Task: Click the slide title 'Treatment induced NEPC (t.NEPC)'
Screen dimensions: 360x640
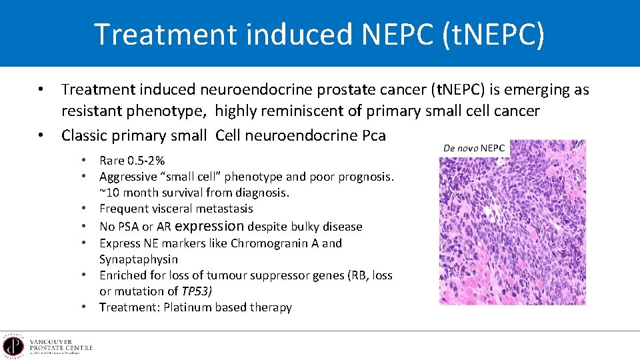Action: click(319, 34)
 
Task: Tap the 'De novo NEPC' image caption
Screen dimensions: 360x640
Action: click(474, 147)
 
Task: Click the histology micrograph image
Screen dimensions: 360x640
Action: click(512, 223)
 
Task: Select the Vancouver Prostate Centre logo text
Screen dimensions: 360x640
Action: click(61, 346)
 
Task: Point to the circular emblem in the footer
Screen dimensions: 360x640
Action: click(13, 346)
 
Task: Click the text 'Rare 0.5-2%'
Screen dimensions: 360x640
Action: click(132, 161)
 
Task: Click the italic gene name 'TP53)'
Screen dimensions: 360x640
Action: click(197, 291)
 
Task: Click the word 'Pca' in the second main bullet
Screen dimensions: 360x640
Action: click(372, 135)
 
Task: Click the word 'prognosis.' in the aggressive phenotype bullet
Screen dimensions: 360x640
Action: click(365, 177)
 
